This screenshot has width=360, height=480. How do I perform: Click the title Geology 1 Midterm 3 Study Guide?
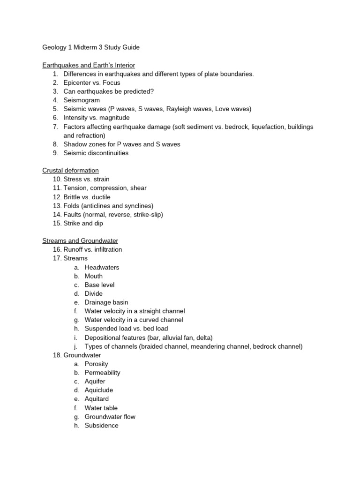pyautogui.click(x=91, y=47)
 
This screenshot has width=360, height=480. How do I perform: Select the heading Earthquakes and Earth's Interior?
pyautogui.click(x=89, y=65)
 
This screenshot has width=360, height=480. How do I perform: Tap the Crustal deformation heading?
pyautogui.click(x=70, y=170)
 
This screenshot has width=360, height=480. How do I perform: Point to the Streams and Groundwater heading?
pyautogui.click(x=80, y=240)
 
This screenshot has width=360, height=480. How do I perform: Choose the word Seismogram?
pyautogui.click(x=82, y=100)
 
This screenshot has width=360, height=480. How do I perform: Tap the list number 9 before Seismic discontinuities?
pyautogui.click(x=55, y=153)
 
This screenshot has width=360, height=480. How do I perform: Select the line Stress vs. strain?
pyautogui.click(x=86, y=179)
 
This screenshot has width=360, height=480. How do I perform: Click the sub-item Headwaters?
pyautogui.click(x=102, y=267)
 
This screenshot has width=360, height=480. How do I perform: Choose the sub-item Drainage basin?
pyautogui.click(x=106, y=302)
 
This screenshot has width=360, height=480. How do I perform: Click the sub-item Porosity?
pyautogui.click(x=96, y=364)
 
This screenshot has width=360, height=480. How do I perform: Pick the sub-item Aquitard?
pyautogui.click(x=97, y=399)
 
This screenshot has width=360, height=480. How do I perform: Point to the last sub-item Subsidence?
pyautogui.click(x=101, y=426)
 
